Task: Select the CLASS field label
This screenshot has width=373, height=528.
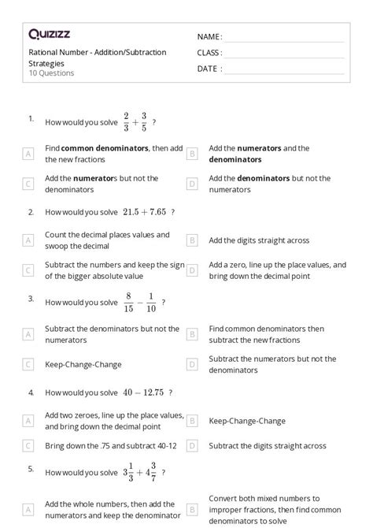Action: click(209, 53)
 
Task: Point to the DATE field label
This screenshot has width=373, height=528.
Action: click(208, 69)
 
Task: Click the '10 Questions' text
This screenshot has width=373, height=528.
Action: click(51, 73)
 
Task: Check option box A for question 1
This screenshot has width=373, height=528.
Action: click(28, 154)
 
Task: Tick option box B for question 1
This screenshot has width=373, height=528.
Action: click(192, 154)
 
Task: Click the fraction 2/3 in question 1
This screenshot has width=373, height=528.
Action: click(126, 122)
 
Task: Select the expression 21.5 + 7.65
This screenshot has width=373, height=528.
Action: click(142, 212)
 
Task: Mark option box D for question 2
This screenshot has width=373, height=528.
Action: click(192, 270)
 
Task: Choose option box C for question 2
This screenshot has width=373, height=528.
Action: click(28, 270)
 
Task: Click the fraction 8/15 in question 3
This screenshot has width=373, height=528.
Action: click(128, 302)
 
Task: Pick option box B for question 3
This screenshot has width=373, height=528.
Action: click(192, 334)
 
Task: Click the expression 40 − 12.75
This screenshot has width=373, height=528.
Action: click(142, 392)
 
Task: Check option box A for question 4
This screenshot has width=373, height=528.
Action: click(28, 421)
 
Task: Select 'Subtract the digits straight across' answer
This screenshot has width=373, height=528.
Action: click(267, 446)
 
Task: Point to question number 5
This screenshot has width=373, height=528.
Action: click(31, 468)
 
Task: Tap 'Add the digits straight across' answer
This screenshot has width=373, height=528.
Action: click(259, 240)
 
